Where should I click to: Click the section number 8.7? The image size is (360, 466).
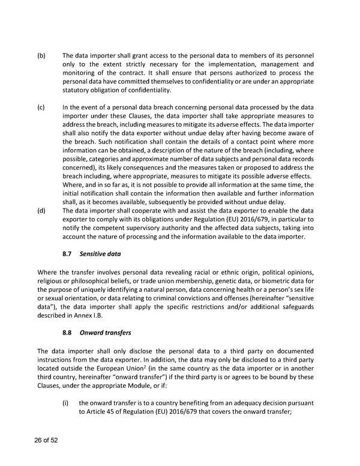coord(68,255)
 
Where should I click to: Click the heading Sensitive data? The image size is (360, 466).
coord(100,255)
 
